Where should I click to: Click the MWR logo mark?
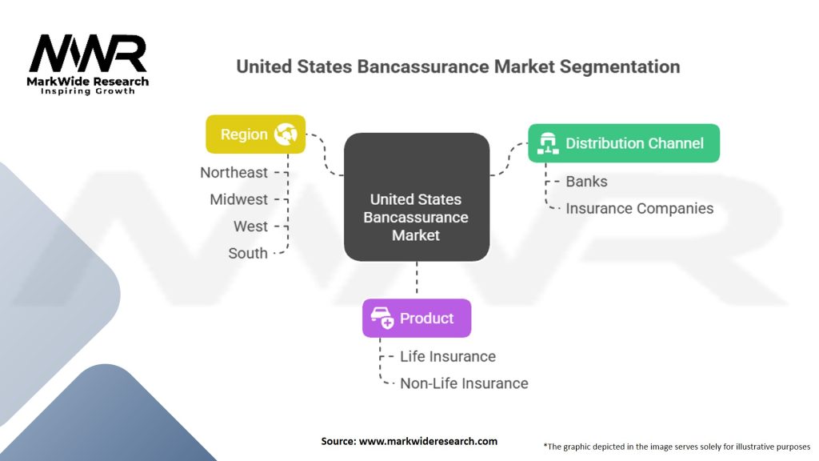(x=88, y=54)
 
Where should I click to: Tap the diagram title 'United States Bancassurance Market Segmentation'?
(x=457, y=66)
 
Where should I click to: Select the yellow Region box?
(x=255, y=134)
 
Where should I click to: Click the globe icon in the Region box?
(x=286, y=134)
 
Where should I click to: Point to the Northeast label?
(x=234, y=172)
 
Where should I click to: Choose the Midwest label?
(x=238, y=199)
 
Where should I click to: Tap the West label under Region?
(x=250, y=226)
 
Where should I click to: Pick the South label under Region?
(x=248, y=253)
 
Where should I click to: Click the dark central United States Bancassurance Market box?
(x=416, y=197)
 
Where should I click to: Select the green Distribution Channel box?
(x=623, y=143)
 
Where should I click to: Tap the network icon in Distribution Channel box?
(x=548, y=143)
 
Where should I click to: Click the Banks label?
(x=586, y=182)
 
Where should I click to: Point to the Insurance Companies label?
(x=639, y=208)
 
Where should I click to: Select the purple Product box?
(x=416, y=319)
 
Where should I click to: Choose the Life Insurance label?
(x=447, y=356)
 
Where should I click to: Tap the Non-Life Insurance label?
(x=464, y=383)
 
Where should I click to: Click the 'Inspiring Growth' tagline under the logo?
(x=88, y=91)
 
